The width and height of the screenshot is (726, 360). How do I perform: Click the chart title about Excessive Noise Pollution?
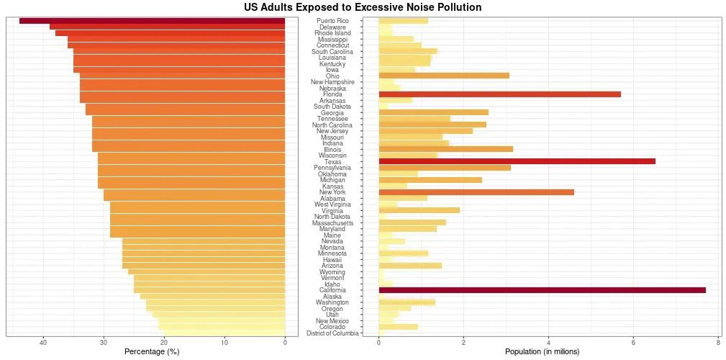[x=363, y=7]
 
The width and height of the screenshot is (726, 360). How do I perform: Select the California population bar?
[x=542, y=290]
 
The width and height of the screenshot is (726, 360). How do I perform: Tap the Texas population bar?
[x=517, y=161]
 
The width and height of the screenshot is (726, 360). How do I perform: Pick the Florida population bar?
[x=499, y=94]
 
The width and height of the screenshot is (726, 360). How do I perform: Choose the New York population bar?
[x=476, y=192]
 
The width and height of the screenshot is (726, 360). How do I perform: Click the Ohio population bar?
[x=444, y=76]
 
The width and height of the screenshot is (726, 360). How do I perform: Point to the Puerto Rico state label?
[x=332, y=21]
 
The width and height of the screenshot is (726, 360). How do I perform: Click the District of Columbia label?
[x=332, y=333]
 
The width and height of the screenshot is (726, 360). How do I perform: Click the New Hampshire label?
[x=332, y=82]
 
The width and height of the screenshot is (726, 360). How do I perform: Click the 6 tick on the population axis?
[x=633, y=342]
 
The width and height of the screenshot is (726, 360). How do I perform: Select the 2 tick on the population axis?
[x=463, y=342]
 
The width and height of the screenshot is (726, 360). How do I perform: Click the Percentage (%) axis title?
[x=151, y=351]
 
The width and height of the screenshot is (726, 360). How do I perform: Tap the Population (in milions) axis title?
[x=542, y=351]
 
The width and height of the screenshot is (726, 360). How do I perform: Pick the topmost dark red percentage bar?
[x=152, y=21]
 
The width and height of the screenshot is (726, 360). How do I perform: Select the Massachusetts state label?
[x=332, y=223]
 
